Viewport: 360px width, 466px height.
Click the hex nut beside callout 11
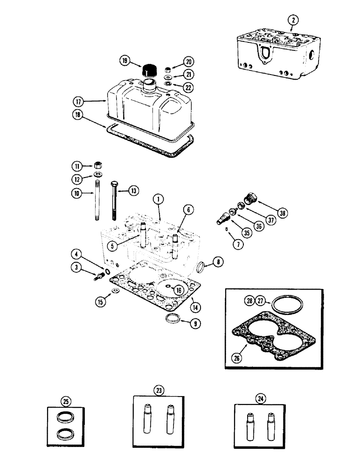(x=98, y=165)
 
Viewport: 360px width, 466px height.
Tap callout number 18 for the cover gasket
(x=79, y=115)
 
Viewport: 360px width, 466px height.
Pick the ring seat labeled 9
(x=173, y=320)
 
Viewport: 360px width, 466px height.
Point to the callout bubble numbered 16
(x=178, y=289)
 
